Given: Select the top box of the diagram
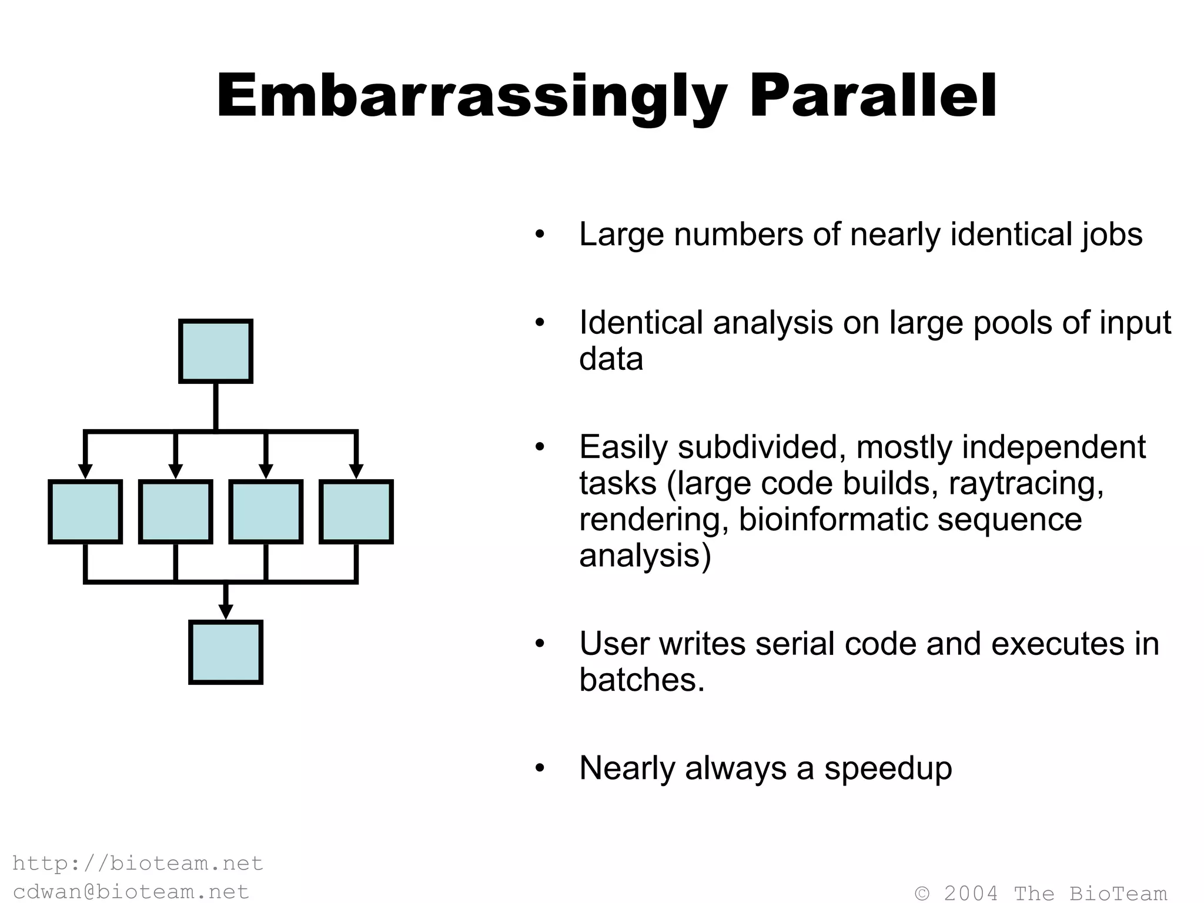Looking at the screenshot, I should (x=216, y=352).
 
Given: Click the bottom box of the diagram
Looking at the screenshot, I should (x=226, y=652).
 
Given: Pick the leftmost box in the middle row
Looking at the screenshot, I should (x=85, y=511).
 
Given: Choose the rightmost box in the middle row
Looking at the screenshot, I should (x=356, y=511).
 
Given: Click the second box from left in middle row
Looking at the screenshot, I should (x=176, y=511).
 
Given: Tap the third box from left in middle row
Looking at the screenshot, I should (x=266, y=511).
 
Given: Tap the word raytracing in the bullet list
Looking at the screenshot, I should (x=1025, y=484).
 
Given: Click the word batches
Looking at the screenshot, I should (x=641, y=680).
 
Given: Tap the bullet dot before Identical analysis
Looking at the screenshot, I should (x=540, y=323).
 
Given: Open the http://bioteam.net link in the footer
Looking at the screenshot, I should (x=138, y=863).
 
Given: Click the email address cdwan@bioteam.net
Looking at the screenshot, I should (x=131, y=891).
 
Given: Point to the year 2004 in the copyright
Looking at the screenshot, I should (x=971, y=893).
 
